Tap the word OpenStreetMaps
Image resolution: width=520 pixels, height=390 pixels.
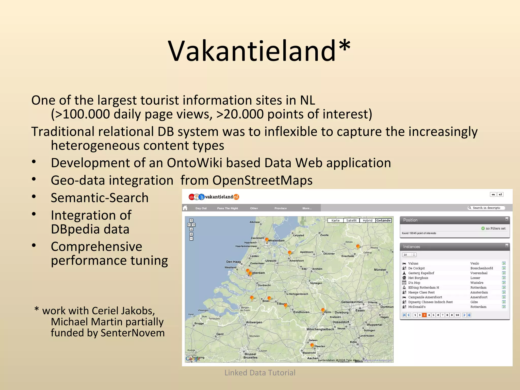262,181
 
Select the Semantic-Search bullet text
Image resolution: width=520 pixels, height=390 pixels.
100,198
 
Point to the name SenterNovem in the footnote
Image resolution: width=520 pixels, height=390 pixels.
133,333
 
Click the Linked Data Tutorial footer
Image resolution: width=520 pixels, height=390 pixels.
260,372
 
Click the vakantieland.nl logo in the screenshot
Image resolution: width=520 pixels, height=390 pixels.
214,197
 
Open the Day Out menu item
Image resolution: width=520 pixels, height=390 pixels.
201,208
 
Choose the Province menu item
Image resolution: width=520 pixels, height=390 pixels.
280,208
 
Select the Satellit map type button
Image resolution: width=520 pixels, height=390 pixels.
351,220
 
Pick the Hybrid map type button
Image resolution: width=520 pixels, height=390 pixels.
367,220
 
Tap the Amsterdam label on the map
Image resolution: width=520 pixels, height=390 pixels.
276,240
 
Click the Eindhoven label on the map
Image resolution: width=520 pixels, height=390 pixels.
301,312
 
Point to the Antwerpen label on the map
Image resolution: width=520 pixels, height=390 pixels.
254,322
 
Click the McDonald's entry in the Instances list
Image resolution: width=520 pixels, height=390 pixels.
417,307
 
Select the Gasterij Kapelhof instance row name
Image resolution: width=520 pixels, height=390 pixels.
421,273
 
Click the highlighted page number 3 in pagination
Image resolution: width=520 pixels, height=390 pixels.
424,315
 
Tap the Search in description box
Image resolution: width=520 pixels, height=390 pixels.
486,208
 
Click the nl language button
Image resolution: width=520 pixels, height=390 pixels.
500,194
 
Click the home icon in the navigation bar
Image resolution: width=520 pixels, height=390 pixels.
185,208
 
